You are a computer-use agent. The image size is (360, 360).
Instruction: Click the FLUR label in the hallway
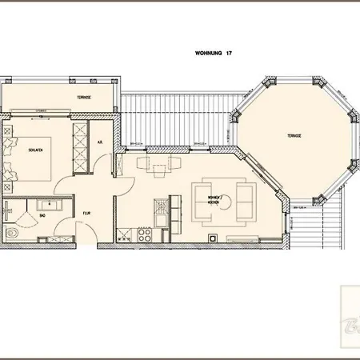click(86, 214)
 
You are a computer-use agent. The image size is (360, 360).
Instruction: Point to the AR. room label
click(100, 142)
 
